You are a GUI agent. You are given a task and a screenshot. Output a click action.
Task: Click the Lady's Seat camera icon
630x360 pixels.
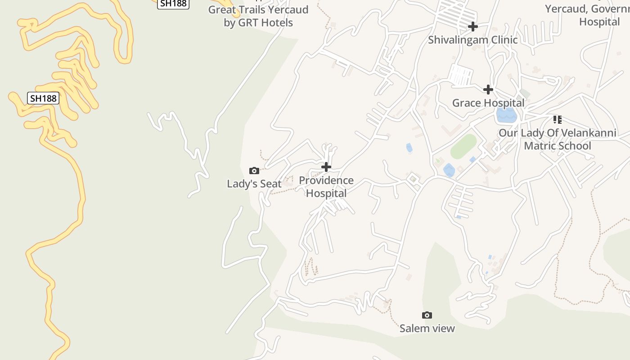pos(254,171)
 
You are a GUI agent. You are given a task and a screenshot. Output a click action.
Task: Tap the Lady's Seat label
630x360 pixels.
pos(254,184)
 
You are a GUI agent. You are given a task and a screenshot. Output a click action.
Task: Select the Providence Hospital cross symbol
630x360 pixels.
pos(326,167)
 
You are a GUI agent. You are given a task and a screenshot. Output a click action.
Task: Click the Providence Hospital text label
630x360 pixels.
pos(326,187)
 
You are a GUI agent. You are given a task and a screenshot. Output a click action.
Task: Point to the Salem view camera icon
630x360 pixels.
pos(427,315)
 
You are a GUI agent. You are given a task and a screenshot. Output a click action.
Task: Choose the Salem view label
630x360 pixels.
pos(427,328)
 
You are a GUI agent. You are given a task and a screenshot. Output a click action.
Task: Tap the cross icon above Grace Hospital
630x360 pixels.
pos(488,90)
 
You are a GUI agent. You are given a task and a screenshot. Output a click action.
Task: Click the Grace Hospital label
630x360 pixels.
pos(488,103)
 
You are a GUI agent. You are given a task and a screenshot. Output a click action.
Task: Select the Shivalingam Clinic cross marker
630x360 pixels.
pos(473,27)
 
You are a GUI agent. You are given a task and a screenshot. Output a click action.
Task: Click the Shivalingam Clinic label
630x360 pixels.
pos(472,40)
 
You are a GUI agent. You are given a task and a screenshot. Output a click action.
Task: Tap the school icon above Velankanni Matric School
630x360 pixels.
pos(558,120)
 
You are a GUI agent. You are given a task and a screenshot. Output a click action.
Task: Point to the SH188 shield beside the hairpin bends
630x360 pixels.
pos(43,98)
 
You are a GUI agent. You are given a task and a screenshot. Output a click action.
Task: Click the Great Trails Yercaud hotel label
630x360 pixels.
pos(258,16)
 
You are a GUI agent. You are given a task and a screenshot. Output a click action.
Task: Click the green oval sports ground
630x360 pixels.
pos(463,146)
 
